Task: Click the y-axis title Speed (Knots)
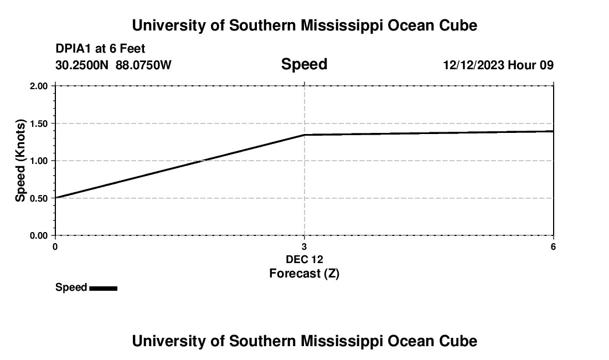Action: pyautogui.click(x=20, y=161)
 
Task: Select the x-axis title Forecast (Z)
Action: pyautogui.click(x=304, y=273)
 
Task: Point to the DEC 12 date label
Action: pyautogui.click(x=304, y=259)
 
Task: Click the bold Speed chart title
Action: pyautogui.click(x=304, y=64)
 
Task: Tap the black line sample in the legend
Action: pyautogui.click(x=103, y=288)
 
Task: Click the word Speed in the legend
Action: pyautogui.click(x=71, y=287)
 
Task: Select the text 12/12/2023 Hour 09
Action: pyautogui.click(x=498, y=65)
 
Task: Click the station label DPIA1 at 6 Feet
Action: pyautogui.click(x=100, y=49)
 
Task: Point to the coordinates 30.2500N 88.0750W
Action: pyautogui.click(x=113, y=65)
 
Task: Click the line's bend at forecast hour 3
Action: pyautogui.click(x=304, y=135)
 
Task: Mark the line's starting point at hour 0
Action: pyautogui.click(x=55, y=197)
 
